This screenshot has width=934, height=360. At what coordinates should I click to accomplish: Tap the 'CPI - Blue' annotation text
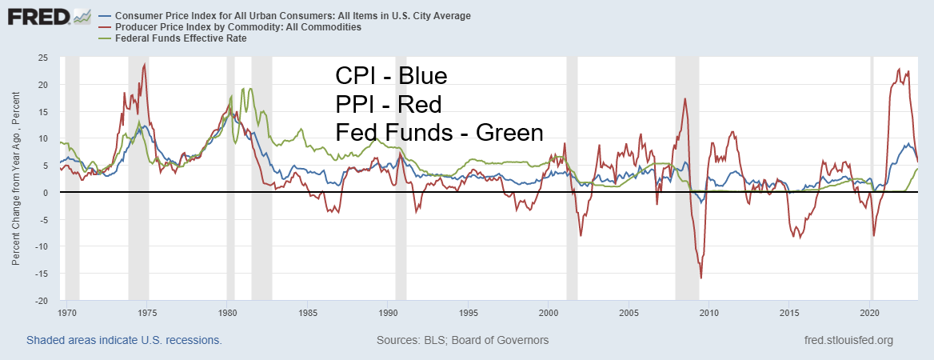(391, 77)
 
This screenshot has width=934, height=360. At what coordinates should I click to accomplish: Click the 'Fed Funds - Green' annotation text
(439, 132)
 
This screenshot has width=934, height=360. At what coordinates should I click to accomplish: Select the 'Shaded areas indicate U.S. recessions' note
(124, 340)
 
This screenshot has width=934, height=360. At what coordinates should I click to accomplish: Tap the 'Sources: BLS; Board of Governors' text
(462, 340)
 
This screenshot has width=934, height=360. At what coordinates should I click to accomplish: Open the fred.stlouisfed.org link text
(849, 340)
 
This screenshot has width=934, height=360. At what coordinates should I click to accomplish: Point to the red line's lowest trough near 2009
(701, 278)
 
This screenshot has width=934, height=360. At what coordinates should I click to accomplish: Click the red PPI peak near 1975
(145, 64)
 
